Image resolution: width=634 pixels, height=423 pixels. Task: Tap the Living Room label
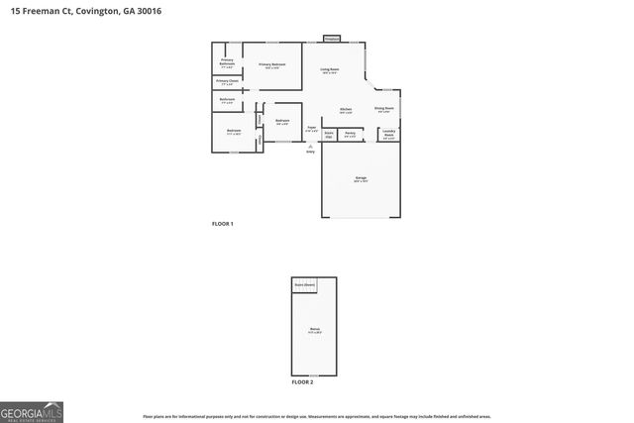pos(330,71)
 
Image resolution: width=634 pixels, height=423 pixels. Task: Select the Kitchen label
pos(346,110)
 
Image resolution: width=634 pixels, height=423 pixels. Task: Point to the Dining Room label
pos(383,109)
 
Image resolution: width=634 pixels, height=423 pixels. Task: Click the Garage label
pos(362,179)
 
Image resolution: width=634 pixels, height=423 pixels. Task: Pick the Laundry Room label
pos(389,134)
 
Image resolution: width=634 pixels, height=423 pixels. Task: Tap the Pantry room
pos(350,134)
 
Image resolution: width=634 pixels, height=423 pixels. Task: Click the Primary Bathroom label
pos(227,63)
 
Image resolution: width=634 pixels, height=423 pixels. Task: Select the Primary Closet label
pos(227,83)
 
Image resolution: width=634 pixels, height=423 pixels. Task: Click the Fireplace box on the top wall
pos(331,39)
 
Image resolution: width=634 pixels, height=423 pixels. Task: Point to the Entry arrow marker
pos(311,146)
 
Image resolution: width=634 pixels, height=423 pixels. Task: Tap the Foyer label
pos(311,128)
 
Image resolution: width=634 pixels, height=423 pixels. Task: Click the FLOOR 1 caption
pos(222,224)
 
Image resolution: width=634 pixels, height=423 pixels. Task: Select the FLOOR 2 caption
pos(302,380)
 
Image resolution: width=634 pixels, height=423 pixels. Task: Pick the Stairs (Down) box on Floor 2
pos(304,285)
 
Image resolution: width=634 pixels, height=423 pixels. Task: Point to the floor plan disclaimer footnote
pos(316,417)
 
